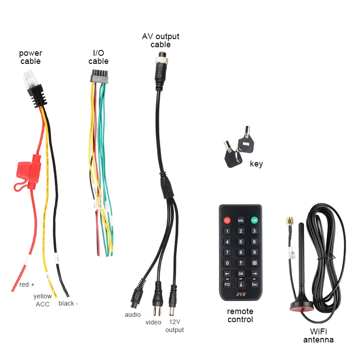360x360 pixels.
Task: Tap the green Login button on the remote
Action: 254,220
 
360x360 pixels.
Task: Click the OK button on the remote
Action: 241,274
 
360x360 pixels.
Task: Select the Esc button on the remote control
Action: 254,284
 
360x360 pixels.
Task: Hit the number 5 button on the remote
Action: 241,242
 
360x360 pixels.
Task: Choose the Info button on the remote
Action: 241,220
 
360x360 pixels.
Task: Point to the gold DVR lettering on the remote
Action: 241,295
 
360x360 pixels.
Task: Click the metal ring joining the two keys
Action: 237,155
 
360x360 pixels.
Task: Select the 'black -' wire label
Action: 68,303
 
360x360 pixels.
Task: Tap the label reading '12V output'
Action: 175,326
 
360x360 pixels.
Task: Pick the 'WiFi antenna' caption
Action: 319,336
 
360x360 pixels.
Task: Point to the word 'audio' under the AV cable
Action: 133,315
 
